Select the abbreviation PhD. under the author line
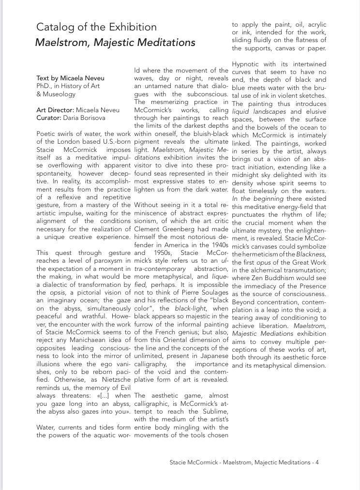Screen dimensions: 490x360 45,86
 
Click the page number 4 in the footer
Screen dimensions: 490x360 317,462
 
